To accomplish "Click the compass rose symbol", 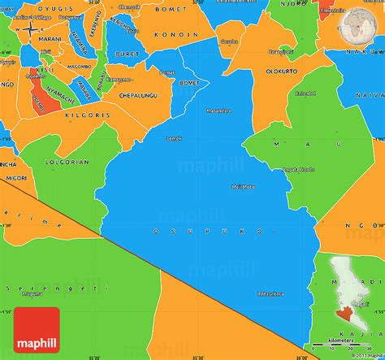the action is point(29,29).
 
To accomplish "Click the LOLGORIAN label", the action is point(67,162).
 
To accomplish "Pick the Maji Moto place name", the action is point(242,186).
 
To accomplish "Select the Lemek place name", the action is point(174,138).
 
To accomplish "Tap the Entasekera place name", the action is point(270,293).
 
